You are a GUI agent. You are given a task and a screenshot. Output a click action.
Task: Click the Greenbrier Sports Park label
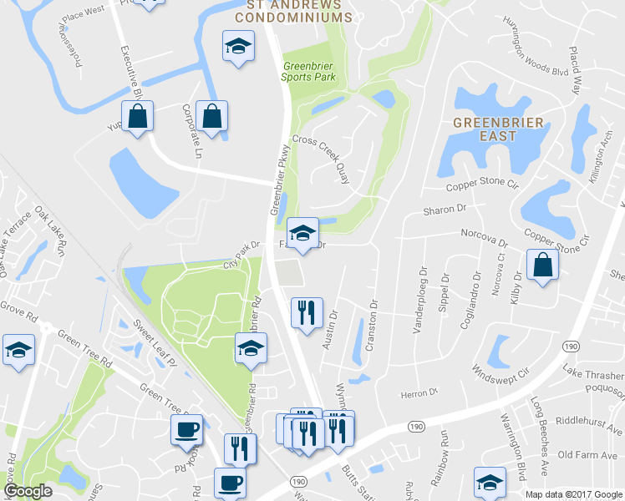pyautogui.click(x=308, y=72)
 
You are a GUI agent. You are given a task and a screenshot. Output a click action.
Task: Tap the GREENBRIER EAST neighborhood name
pyautogui.click(x=498, y=130)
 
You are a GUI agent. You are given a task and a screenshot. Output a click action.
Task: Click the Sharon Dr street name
pyautogui.click(x=443, y=210)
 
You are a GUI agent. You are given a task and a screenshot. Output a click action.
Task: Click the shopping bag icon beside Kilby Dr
pyautogui.click(x=543, y=265)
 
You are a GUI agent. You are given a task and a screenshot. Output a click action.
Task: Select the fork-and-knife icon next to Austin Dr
pyautogui.click(x=307, y=313)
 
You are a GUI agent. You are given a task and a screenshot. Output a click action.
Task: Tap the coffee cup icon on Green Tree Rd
pyautogui.click(x=185, y=430)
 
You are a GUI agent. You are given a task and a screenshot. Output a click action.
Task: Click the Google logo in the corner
pyautogui.click(x=28, y=491)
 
